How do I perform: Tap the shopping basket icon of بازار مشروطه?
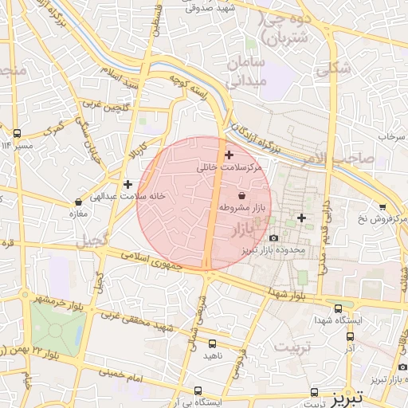(241, 195)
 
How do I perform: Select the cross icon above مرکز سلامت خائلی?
(229, 155)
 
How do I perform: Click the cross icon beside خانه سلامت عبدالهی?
(127, 184)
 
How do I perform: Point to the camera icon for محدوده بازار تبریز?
(274, 237)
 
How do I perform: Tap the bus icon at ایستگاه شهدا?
(339, 308)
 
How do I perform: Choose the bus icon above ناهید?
(211, 343)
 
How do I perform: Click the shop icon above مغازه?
(77, 202)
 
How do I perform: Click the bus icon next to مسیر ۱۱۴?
(18, 133)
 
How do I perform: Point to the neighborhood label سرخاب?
(392, 137)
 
